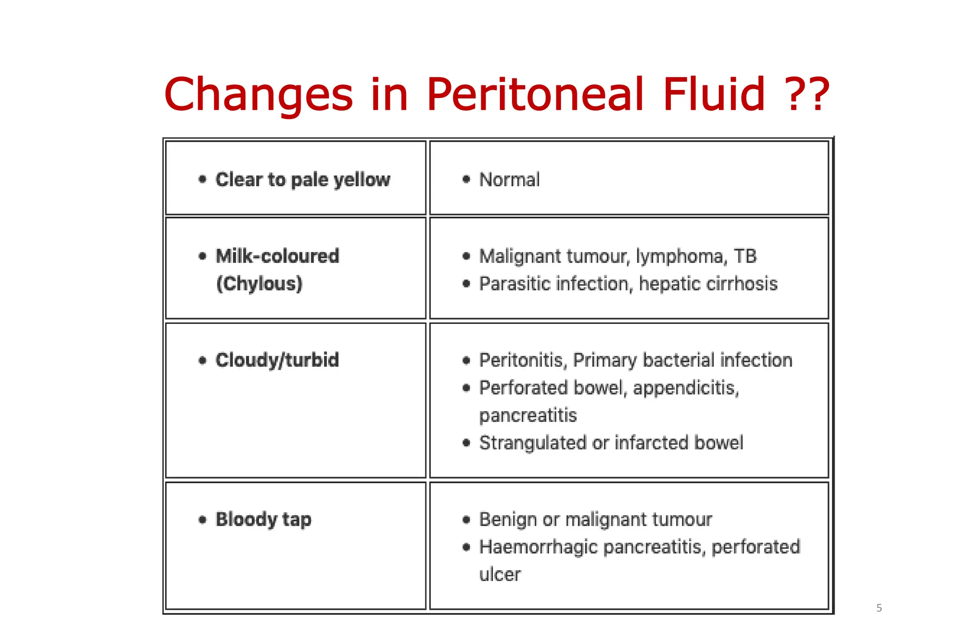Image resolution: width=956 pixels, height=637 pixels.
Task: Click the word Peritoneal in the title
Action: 535,95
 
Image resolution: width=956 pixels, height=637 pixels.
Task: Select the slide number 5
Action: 879,608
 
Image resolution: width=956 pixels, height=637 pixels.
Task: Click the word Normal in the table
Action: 509,180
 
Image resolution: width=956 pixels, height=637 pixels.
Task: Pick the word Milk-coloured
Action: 277,256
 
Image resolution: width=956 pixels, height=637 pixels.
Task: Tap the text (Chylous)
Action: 260,284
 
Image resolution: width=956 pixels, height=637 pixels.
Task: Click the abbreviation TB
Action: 745,256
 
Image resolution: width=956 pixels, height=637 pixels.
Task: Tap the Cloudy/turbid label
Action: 277,360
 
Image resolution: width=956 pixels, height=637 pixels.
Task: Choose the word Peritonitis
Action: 523,360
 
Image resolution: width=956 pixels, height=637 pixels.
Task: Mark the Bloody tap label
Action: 263,519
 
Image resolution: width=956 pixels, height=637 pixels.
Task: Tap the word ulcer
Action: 499,574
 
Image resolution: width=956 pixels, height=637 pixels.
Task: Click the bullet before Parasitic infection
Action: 466,284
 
